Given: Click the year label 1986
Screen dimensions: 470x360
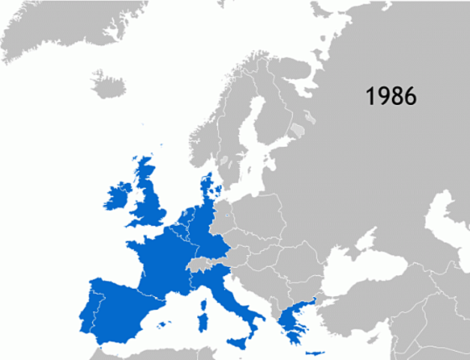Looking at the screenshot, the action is click(x=391, y=96).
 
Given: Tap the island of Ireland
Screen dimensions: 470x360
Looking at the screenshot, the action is click(x=118, y=196).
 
